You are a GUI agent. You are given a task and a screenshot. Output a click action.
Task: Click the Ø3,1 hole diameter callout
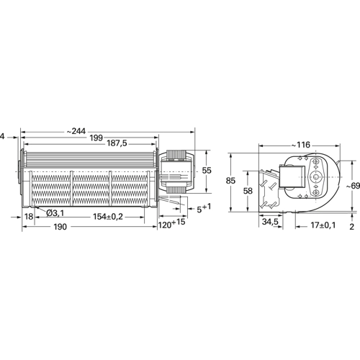(x=56, y=214)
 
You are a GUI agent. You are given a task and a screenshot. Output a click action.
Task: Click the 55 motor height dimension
(x=207, y=171)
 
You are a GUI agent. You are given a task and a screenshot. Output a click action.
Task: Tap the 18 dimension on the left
(x=29, y=216)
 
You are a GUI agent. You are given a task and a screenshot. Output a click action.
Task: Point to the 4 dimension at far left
(x=4, y=135)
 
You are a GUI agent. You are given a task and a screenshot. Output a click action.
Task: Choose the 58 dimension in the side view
(x=247, y=192)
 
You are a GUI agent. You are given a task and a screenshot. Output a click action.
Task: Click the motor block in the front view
(x=177, y=173)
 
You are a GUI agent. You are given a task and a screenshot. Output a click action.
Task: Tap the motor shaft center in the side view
(x=314, y=177)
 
